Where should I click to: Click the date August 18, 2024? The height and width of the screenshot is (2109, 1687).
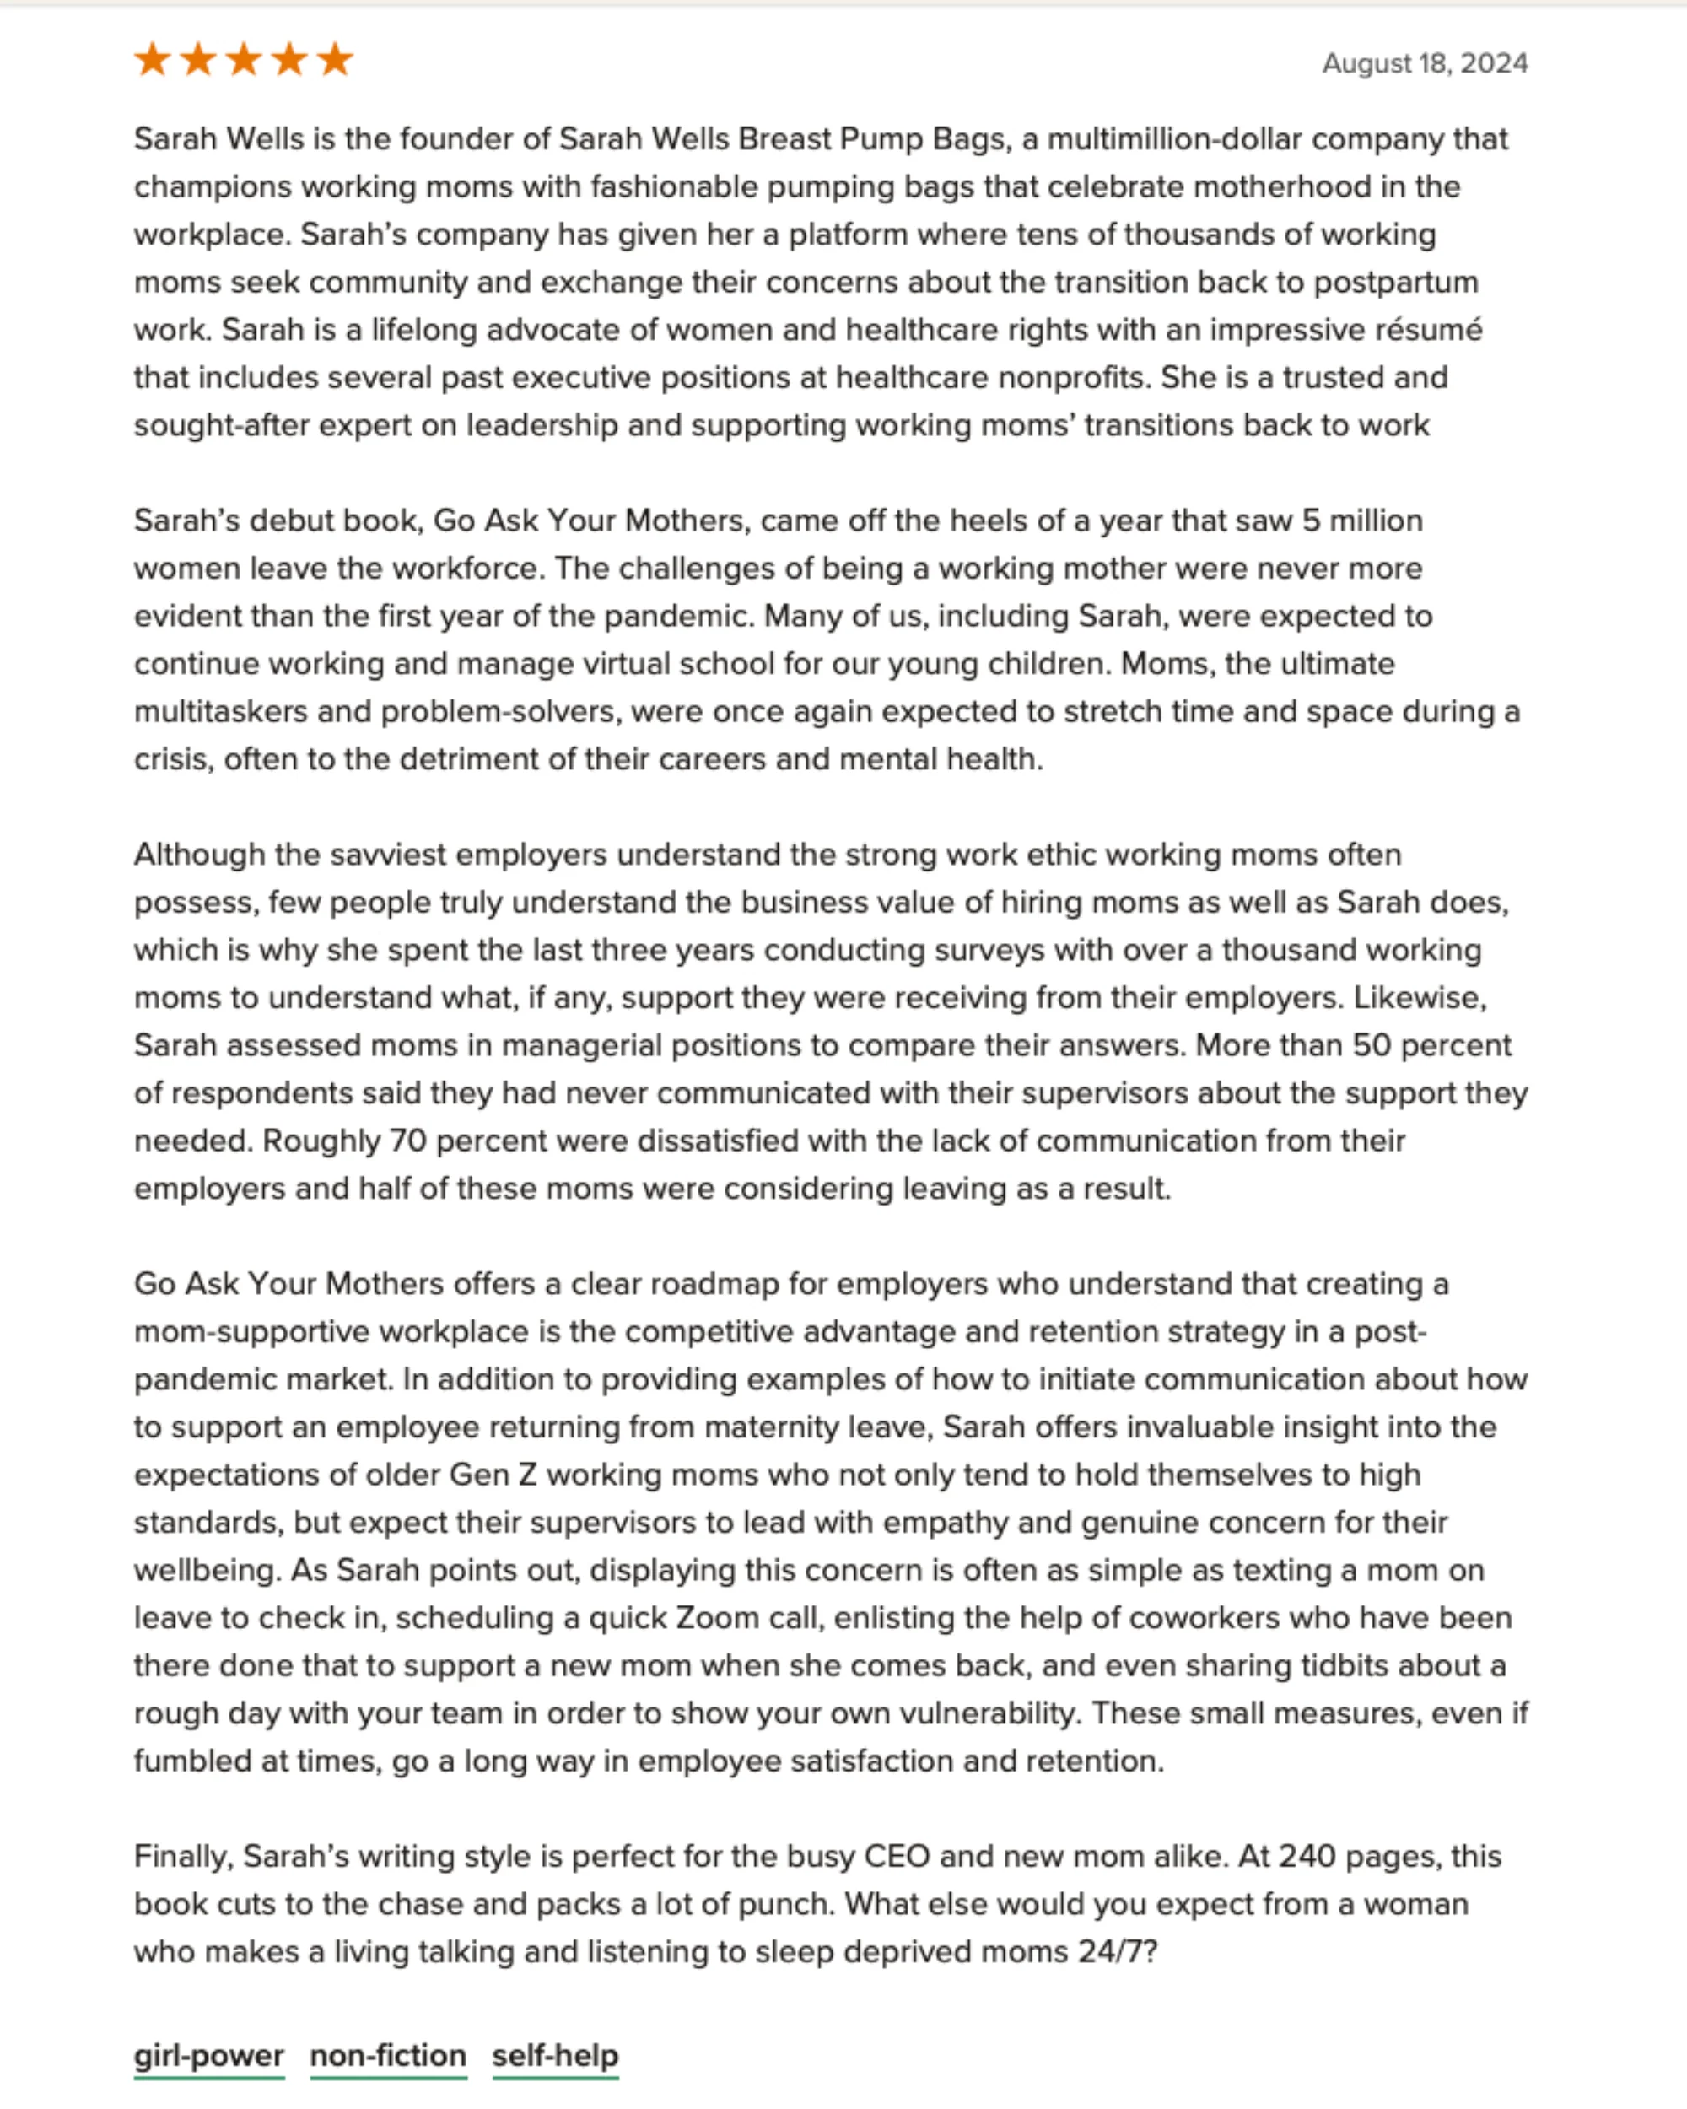(1424, 63)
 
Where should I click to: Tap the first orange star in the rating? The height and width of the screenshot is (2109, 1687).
(153, 60)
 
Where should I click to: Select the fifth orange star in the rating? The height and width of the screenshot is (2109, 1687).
(336, 60)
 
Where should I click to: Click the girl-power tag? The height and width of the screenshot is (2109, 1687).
(209, 2055)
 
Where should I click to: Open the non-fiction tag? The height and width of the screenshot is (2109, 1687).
(388, 2055)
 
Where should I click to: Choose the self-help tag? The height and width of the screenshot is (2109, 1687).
(556, 2055)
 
